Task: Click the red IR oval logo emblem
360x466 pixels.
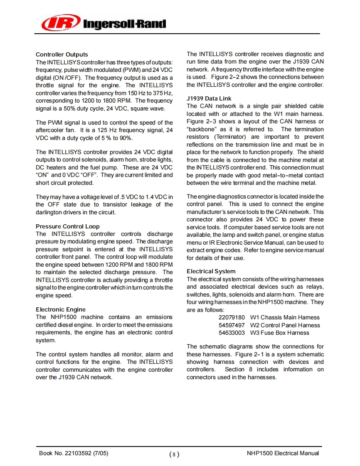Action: pyautogui.click(x=60, y=22)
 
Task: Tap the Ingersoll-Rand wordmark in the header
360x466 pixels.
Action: pyautogui.click(x=125, y=24)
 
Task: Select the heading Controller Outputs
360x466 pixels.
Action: pyautogui.click(x=62, y=54)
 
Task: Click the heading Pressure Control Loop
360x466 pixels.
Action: pyautogui.click(x=68, y=226)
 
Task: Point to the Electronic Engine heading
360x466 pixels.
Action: pyautogui.click(x=61, y=309)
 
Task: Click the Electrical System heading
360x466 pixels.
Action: pyautogui.click(x=211, y=271)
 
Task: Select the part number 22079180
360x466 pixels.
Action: pyautogui.click(x=232, y=317)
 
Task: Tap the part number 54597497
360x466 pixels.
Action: pyautogui.click(x=232, y=325)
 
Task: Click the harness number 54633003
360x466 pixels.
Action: pyautogui.click(x=232, y=333)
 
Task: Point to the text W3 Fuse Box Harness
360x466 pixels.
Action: pyautogui.click(x=279, y=333)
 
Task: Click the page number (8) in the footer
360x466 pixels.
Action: pyautogui.click(x=175, y=454)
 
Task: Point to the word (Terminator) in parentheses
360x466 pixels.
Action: pyautogui.click(x=230, y=137)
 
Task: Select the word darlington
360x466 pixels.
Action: pyautogui.click(x=49, y=212)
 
